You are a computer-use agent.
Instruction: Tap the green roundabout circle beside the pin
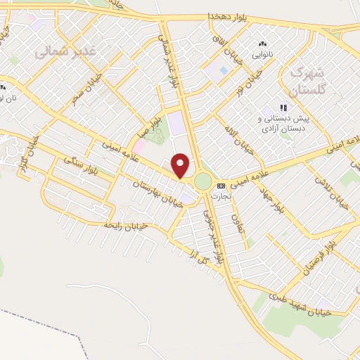[202, 181]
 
